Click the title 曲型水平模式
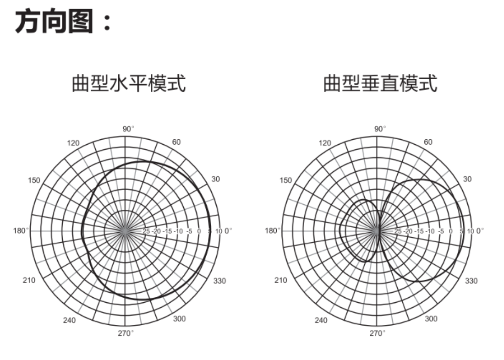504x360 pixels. click(x=129, y=84)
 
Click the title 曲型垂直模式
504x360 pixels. click(x=380, y=84)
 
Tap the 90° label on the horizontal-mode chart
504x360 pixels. click(x=129, y=129)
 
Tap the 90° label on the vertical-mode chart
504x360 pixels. click(x=380, y=129)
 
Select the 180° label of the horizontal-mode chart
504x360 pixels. click(x=21, y=230)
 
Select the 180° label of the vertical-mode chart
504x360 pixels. click(x=273, y=230)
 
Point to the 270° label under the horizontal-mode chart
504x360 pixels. click(x=126, y=333)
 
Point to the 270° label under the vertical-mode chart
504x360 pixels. click(x=378, y=333)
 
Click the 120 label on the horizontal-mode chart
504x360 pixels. click(x=73, y=143)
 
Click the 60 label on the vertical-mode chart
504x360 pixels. click(x=428, y=142)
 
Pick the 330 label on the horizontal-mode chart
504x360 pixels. click(x=219, y=281)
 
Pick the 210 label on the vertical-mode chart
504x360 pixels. click(x=281, y=280)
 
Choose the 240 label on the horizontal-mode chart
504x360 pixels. click(x=69, y=320)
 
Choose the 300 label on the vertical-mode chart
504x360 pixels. click(x=431, y=319)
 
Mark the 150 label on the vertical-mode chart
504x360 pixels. click(x=286, y=180)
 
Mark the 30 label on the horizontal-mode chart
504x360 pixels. click(x=215, y=179)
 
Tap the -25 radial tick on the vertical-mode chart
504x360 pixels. click(x=398, y=231)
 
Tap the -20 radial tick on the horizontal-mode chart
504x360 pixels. click(x=156, y=231)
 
